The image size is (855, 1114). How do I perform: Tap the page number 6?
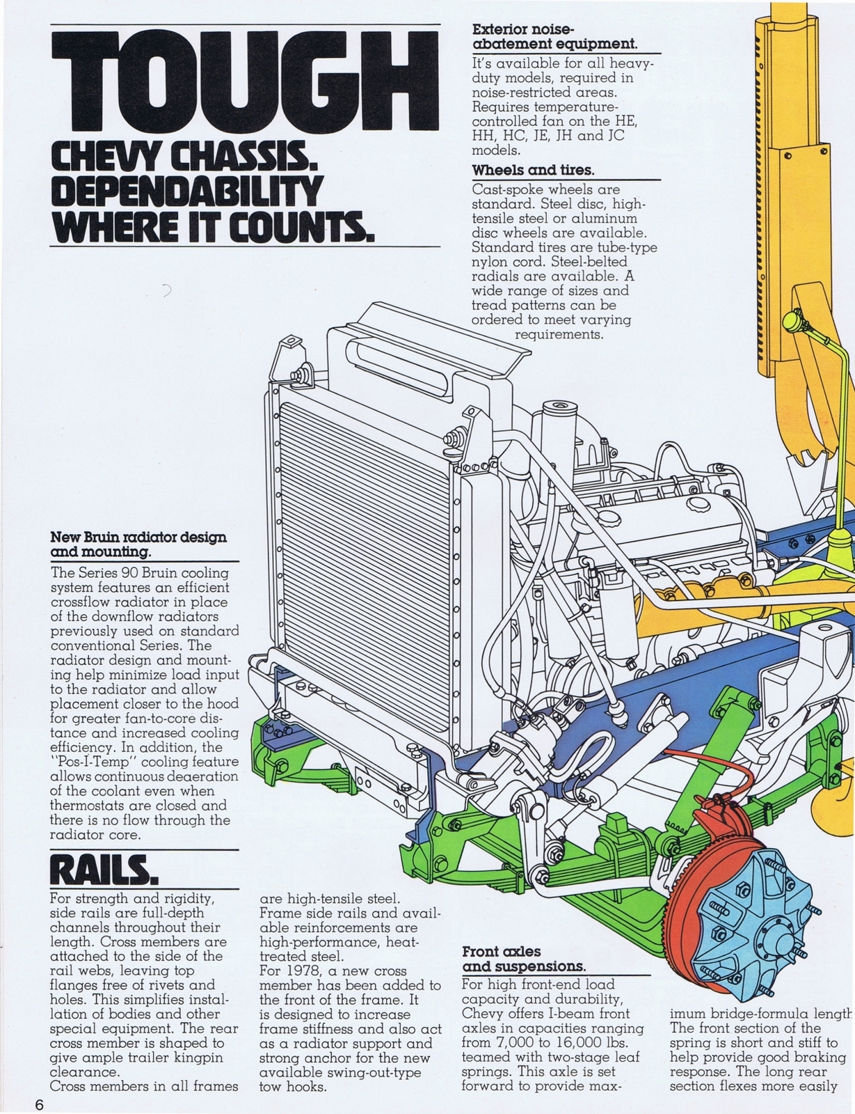point(40,1105)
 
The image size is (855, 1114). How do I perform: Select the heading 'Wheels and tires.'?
point(533,170)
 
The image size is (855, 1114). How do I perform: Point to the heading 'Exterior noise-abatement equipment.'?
point(554,37)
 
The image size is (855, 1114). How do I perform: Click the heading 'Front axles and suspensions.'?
point(523,959)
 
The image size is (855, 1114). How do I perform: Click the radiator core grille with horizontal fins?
point(362,557)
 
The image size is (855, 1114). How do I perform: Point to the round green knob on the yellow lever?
point(793,322)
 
